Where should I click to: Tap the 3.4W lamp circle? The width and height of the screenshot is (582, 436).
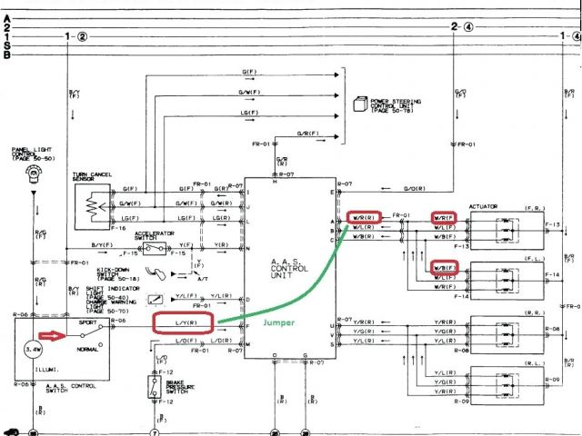[33, 348]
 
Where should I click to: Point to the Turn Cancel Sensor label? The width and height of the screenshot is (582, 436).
[92, 175]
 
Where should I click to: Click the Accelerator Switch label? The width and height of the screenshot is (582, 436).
[154, 235]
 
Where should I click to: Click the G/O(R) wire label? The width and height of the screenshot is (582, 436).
[418, 189]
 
